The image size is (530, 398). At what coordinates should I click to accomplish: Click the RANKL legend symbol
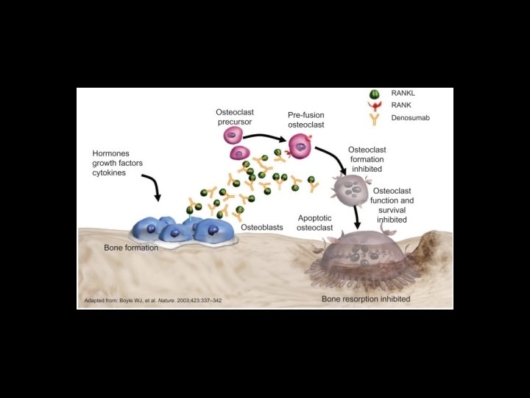click(375, 94)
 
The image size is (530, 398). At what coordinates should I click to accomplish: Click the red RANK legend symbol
click(375, 105)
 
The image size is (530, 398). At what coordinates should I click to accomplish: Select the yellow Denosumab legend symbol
click(375, 118)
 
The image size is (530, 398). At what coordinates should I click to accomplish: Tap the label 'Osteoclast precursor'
click(235, 116)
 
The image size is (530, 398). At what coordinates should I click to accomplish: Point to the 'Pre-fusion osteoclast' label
click(305, 120)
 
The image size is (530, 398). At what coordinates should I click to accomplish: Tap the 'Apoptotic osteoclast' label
click(316, 223)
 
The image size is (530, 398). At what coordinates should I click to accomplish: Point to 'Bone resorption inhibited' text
click(366, 299)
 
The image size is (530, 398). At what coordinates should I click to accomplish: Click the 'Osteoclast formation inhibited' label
click(366, 158)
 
